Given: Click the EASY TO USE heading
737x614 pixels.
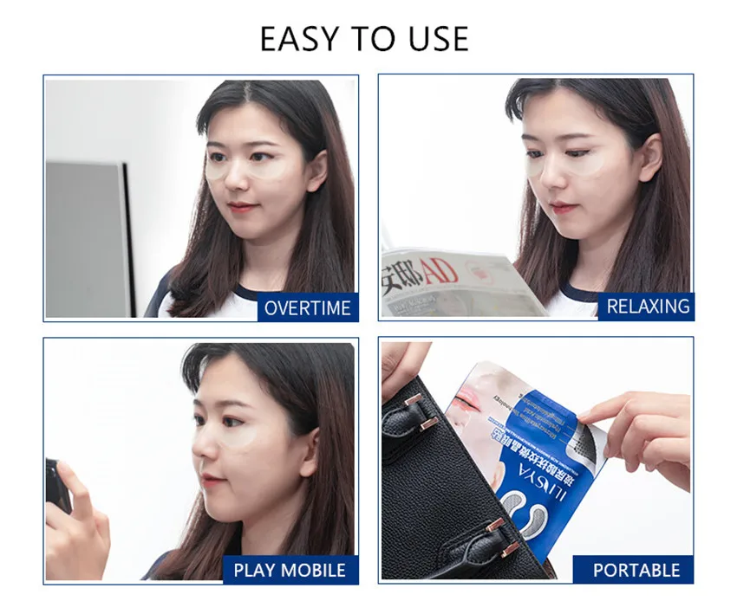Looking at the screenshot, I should pos(364,39).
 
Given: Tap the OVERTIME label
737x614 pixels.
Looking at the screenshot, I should pos(308,308).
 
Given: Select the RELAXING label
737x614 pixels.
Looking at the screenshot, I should pos(648,306).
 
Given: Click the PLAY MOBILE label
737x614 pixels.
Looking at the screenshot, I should pos(290,570).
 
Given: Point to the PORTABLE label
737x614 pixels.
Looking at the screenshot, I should pos(636,570).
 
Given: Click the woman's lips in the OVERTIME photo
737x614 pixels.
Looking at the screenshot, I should pos(243,209).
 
